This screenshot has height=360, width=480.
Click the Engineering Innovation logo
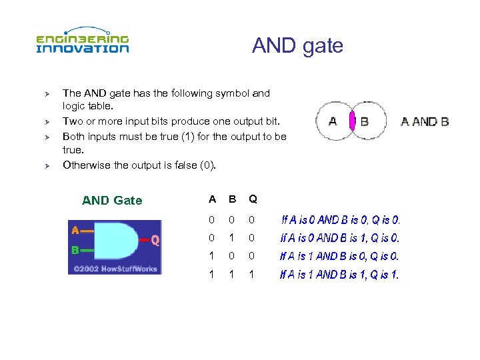point(82,41)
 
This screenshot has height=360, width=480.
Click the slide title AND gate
point(297,45)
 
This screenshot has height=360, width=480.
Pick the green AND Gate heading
point(112,200)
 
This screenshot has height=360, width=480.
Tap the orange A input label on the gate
point(75,230)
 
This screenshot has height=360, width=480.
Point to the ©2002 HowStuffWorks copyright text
point(114,268)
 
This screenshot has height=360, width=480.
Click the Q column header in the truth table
point(253,199)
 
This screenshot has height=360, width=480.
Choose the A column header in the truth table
point(212,199)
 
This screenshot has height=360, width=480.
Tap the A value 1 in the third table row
point(212,255)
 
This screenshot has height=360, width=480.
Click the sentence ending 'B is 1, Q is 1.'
point(339,274)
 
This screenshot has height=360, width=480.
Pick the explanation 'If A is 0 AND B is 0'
point(340,219)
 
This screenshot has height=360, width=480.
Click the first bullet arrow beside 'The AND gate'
point(39,95)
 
